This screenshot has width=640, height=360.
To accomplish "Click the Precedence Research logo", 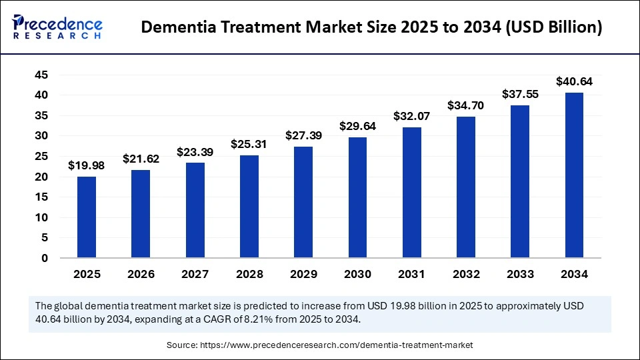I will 57,27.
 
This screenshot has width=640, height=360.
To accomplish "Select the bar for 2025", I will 86,217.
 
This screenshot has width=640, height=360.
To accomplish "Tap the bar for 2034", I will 574,175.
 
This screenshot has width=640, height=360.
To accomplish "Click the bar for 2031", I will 411,192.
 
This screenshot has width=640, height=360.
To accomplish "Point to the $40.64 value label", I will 574,82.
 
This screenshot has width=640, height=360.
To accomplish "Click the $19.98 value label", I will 86,166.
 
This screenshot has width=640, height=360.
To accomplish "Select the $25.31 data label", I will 249,144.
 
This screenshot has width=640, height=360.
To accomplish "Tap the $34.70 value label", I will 466,105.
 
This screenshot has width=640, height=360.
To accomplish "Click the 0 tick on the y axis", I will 44,258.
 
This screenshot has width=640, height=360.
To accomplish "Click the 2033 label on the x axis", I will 520,274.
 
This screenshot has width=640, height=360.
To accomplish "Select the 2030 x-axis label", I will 357,274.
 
